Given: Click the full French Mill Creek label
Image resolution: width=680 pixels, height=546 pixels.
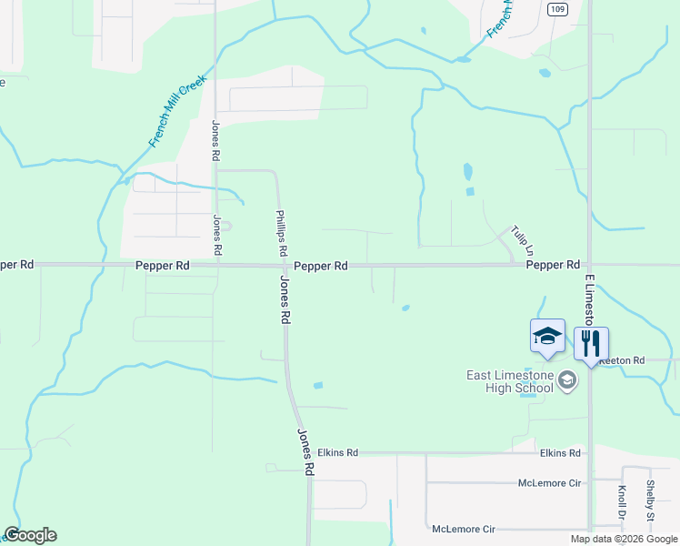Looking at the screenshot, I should pos(178,111).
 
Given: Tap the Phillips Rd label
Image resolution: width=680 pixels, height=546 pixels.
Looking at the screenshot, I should pos(282,233).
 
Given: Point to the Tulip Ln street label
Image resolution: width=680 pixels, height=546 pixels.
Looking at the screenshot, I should pos(521,239).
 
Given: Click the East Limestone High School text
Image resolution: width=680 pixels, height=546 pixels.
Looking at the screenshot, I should pos(509,381).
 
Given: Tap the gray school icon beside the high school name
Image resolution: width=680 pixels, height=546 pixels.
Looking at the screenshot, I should pos(568,379).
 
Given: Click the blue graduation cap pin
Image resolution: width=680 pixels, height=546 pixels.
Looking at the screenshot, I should pos(547,336).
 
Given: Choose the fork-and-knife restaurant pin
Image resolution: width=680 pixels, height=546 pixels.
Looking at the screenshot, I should pos(591,344).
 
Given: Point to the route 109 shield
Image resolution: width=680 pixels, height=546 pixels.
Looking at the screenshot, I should pos(557,8).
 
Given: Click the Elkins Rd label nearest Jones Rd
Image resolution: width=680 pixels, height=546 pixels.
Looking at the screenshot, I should pos(338,452).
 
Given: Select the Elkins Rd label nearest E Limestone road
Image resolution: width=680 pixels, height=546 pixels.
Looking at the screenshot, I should pos(559,452).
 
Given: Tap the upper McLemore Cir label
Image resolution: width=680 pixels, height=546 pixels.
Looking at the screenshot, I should pos(549,482).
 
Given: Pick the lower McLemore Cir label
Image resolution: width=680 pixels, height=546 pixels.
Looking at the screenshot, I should pos(464,529).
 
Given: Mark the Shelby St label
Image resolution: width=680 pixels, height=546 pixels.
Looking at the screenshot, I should pos(651,500).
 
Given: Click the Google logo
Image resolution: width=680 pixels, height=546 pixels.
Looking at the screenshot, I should pos(30,535).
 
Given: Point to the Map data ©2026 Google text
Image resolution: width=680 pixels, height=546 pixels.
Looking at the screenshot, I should pos(623,539).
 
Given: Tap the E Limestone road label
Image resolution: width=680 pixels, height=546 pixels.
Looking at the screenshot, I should pos(589,299).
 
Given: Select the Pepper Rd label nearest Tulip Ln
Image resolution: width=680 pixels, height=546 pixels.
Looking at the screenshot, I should pos(553,265).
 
